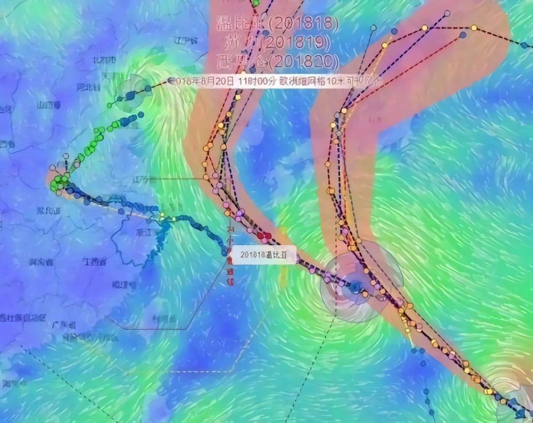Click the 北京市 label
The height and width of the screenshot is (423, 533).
tap(105, 60)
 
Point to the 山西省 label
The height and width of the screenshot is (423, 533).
tap(49, 105)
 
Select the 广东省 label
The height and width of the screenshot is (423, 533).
tap(64, 325)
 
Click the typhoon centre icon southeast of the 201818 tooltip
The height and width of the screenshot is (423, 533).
tap(354, 287)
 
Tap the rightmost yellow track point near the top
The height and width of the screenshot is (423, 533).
tap(474, 28)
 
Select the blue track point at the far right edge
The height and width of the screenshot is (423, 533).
tap(524, 45)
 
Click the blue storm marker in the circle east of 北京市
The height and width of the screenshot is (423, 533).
tap(130, 95)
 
